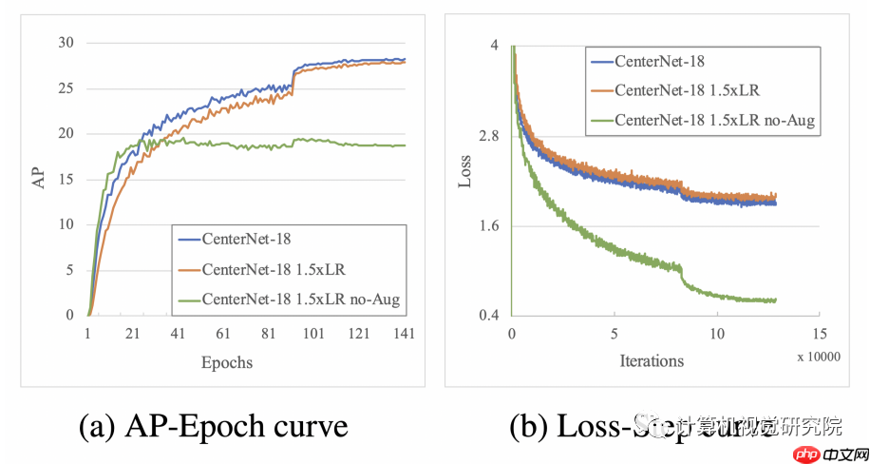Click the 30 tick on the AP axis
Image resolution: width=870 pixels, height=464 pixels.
coord(66,43)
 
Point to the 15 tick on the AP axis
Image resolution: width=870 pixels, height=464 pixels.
coord(66,179)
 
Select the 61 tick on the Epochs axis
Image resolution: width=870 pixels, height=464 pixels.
coord(223,334)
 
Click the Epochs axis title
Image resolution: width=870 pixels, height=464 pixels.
coord(227,362)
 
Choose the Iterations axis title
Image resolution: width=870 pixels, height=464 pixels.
coord(652,360)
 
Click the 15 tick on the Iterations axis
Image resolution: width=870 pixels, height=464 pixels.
coord(819,334)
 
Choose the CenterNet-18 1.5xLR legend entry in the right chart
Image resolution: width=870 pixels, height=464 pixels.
coord(681,90)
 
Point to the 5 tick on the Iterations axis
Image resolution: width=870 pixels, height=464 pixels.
coord(615,334)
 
